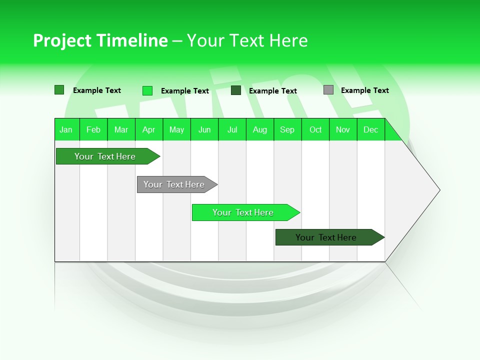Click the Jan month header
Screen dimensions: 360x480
tap(66, 129)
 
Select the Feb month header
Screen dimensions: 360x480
tap(93, 129)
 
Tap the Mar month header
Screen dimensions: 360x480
tap(121, 129)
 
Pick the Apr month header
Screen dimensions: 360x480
tap(149, 129)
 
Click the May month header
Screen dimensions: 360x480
tap(176, 129)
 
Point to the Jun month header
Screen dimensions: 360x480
tap(204, 129)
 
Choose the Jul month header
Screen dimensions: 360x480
tap(232, 129)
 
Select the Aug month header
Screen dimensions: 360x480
tap(260, 129)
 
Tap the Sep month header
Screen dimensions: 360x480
tap(287, 129)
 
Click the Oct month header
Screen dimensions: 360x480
tap(315, 129)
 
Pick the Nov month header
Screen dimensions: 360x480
tap(343, 129)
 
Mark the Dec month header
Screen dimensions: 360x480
tap(371, 129)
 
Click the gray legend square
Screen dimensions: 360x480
tap(328, 90)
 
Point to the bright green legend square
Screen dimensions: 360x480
tap(147, 90)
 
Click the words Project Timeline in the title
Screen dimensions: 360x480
tap(100, 40)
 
